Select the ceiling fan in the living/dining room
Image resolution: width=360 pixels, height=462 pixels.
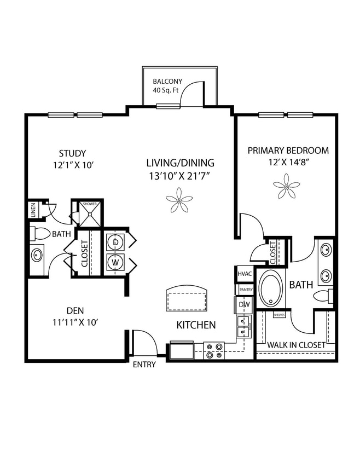click(x=179, y=200)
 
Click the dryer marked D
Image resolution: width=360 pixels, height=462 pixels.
click(x=115, y=242)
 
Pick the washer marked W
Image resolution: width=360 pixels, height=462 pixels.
click(x=115, y=262)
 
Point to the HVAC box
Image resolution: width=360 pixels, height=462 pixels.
click(x=244, y=273)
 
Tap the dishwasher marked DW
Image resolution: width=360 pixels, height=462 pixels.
click(x=244, y=304)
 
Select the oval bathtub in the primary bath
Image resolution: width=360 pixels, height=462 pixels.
click(x=270, y=288)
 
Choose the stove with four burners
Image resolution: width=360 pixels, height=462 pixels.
click(x=214, y=350)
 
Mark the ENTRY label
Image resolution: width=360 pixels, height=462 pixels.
click(x=144, y=365)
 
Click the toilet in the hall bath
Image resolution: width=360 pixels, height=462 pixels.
click(x=39, y=234)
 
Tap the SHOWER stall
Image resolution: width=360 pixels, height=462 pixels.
click(x=89, y=213)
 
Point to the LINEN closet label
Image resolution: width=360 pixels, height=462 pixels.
click(x=33, y=211)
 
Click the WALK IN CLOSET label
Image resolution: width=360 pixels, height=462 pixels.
click(x=296, y=345)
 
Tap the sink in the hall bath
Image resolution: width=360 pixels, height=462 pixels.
click(x=37, y=255)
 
